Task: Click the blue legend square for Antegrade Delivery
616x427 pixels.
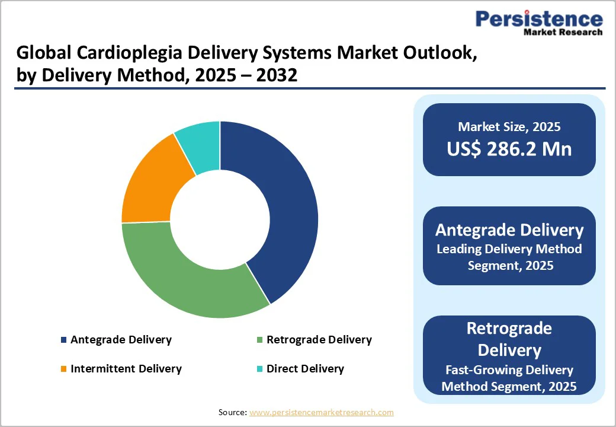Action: pyautogui.click(x=63, y=340)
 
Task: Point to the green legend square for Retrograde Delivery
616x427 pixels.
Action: pyautogui.click(x=259, y=340)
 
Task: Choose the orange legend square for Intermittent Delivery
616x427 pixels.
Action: pyautogui.click(x=63, y=369)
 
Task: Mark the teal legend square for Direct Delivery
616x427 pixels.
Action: pyautogui.click(x=259, y=369)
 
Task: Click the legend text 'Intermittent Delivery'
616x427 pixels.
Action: pyautogui.click(x=126, y=369)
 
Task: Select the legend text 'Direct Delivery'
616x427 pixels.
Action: pyautogui.click(x=305, y=369)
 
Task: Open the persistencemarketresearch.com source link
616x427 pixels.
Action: pyautogui.click(x=321, y=412)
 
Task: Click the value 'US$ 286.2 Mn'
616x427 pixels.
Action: pyautogui.click(x=509, y=149)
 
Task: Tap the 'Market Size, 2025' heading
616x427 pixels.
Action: pyautogui.click(x=509, y=126)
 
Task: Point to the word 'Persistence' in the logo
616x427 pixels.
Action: pyautogui.click(x=539, y=19)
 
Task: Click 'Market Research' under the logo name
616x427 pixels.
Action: pyautogui.click(x=563, y=32)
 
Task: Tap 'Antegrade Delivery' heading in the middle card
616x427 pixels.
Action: pyautogui.click(x=509, y=230)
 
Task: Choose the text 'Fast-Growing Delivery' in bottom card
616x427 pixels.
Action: pyautogui.click(x=509, y=370)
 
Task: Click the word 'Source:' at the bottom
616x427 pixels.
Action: pyautogui.click(x=232, y=412)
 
